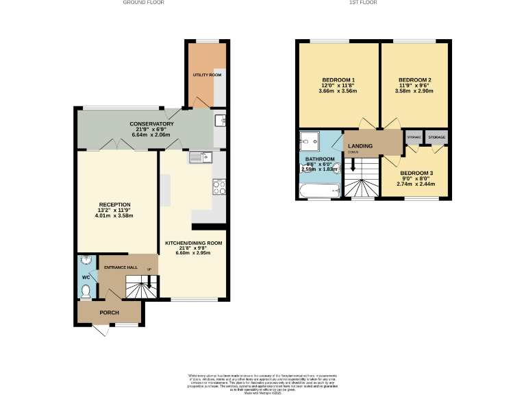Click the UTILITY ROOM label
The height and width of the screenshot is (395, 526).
pyautogui.click(x=207, y=75)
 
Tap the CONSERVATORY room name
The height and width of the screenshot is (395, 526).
pyautogui.click(x=152, y=124)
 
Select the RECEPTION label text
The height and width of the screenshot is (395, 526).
pyautogui.click(x=115, y=204)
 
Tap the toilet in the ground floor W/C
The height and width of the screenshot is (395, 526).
pyautogui.click(x=86, y=291)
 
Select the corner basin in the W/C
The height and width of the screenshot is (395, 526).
pyautogui.click(x=84, y=261)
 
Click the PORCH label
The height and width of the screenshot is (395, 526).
pyautogui.click(x=110, y=313)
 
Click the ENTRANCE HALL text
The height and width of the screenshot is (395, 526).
pyautogui.click(x=121, y=268)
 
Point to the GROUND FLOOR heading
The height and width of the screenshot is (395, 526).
pyautogui.click(x=143, y=3)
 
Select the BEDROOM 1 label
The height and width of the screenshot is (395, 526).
pyautogui.click(x=338, y=80)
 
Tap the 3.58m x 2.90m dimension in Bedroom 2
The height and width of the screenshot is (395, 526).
pyautogui.click(x=414, y=91)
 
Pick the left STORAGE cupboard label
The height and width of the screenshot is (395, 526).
pyautogui.click(x=414, y=137)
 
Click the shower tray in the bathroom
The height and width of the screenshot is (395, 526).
pyautogui.click(x=310, y=142)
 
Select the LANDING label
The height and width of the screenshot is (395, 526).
pyautogui.click(x=361, y=146)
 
